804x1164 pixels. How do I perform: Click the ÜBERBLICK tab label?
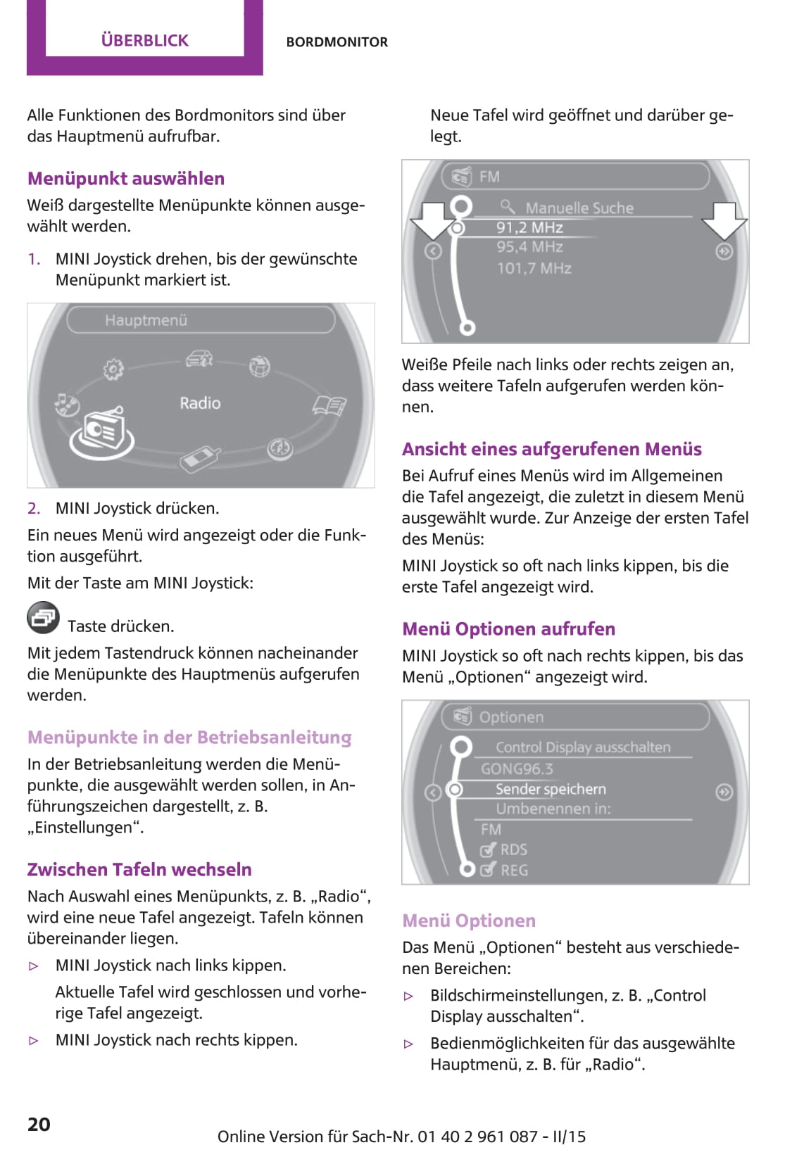[x=144, y=40]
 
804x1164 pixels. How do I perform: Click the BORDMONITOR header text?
[x=337, y=42]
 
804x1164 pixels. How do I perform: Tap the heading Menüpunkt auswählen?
[x=126, y=178]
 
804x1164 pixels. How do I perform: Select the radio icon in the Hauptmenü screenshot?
[x=102, y=433]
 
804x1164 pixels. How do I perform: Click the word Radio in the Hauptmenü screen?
[x=200, y=403]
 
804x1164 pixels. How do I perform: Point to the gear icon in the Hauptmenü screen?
[x=113, y=369]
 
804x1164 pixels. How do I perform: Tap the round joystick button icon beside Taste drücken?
[x=43, y=617]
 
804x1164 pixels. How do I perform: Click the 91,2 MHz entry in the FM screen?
[x=529, y=227]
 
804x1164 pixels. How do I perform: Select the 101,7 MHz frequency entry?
[x=534, y=268]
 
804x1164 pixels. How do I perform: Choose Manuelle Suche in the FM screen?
[x=579, y=208]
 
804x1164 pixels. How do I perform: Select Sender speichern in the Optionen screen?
[x=551, y=789]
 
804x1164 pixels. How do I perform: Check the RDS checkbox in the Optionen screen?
[x=488, y=849]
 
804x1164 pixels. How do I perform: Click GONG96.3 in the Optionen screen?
[x=517, y=768]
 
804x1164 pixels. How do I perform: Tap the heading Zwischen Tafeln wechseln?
[x=139, y=869]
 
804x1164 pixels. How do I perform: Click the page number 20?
[x=39, y=1124]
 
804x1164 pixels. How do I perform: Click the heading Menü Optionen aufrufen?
[x=508, y=628]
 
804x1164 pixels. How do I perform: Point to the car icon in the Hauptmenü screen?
[x=199, y=358]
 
